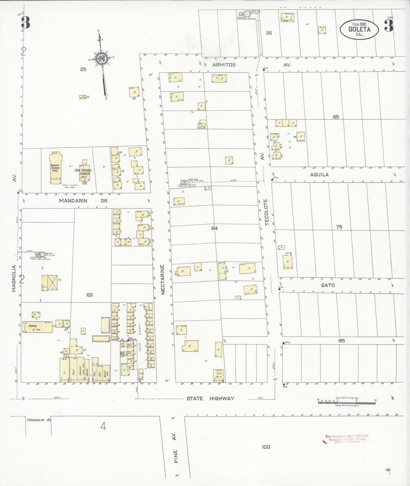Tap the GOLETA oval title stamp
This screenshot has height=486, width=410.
click(x=359, y=29)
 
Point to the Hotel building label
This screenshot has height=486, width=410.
click(x=33, y=326)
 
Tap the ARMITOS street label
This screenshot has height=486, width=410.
click(x=224, y=65)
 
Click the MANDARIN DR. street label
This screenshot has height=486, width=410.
click(x=84, y=201)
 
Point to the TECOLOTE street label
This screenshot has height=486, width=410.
click(x=266, y=212)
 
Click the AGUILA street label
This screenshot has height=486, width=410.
click(x=319, y=175)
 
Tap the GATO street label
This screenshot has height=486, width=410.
click(x=328, y=285)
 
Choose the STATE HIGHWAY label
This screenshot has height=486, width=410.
click(x=210, y=398)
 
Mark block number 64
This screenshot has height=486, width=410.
click(x=215, y=228)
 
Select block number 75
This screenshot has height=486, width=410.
click(x=339, y=227)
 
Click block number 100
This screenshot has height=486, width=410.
click(x=266, y=447)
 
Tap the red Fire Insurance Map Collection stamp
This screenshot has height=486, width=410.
click(x=347, y=439)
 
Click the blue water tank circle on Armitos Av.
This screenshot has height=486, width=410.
click(x=247, y=13)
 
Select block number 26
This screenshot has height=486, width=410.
click(x=269, y=33)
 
